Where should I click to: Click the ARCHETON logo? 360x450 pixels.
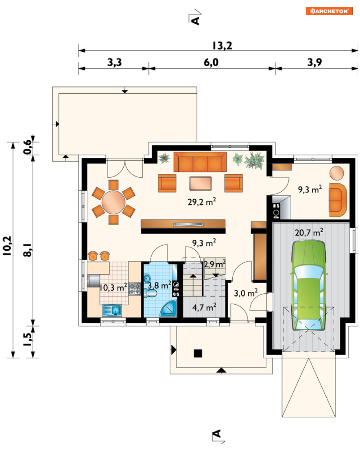[329, 11]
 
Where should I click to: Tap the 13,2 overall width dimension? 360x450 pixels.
[222, 46]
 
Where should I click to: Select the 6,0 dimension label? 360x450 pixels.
[211, 62]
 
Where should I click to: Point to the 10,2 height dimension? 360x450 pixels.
[7, 246]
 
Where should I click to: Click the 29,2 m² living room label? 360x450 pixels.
[202, 202]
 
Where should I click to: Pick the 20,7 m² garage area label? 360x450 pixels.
[309, 232]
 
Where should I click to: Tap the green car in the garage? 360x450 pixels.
[308, 286]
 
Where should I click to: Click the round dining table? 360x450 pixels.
[113, 202]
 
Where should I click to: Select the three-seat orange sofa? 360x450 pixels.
[200, 162]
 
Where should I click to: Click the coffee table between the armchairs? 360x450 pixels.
[200, 183]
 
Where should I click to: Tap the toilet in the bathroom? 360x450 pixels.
[150, 293]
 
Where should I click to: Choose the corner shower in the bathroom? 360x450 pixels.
[168, 309]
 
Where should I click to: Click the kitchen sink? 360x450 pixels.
[112, 310]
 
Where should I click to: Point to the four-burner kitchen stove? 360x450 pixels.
[134, 289]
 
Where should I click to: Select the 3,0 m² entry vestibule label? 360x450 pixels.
[246, 293]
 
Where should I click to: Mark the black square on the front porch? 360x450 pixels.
[198, 353]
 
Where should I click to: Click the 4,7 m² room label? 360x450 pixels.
[204, 307]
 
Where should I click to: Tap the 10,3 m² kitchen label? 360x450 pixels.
[113, 287]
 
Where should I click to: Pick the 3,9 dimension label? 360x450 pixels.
[314, 62]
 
